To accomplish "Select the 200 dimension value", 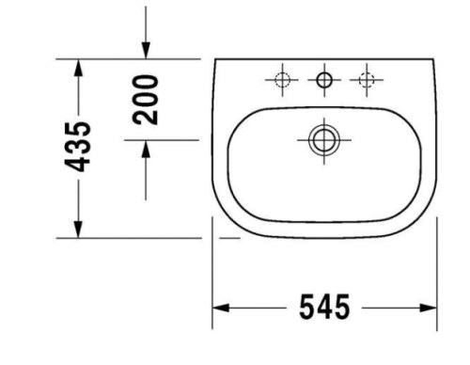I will pyautogui.click(x=146, y=100).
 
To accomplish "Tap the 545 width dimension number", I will pyautogui.click(x=323, y=307).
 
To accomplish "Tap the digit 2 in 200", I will pyautogui.click(x=146, y=117).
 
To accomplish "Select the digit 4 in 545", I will pyautogui.click(x=323, y=307).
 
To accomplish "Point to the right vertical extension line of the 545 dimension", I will pyautogui.click(x=437, y=282).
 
